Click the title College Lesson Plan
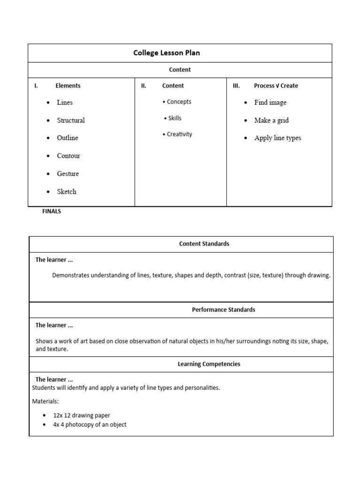(166, 53)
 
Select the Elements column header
(68, 86)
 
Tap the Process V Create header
(276, 86)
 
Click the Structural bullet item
(71, 120)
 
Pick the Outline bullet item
(67, 138)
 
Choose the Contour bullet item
(68, 156)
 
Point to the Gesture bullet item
(68, 174)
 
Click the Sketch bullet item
(67, 192)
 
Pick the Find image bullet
(270, 103)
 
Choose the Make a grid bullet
(271, 120)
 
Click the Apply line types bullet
(277, 138)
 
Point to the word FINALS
(52, 211)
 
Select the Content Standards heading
(204, 244)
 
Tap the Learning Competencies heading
(209, 364)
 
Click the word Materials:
(45, 402)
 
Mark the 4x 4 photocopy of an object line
(90, 425)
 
